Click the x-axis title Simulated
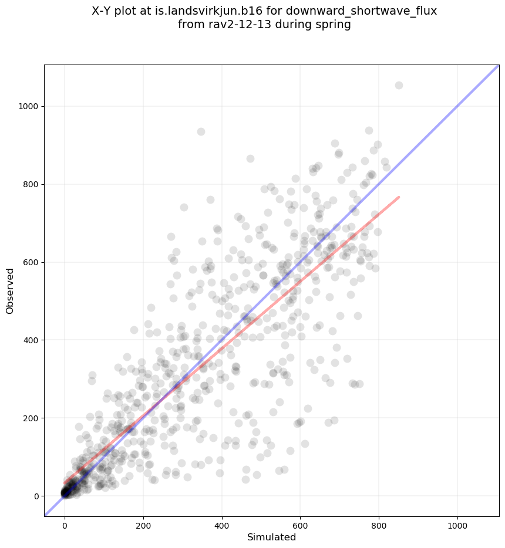[271, 537]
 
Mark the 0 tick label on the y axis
[35, 496]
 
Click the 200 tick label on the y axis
[31, 418]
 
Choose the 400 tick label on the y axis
[31, 340]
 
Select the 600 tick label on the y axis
[31, 262]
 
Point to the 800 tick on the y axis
[31, 185]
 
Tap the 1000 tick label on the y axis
[28, 107]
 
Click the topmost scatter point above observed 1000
[399, 86]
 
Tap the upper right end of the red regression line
[399, 197]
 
